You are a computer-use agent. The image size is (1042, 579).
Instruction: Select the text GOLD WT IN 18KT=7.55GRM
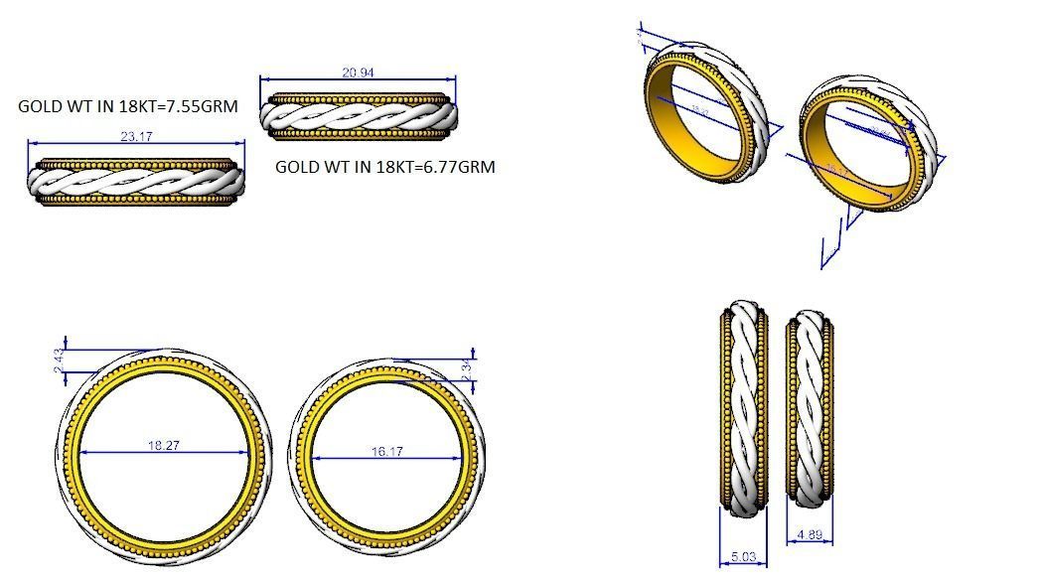(128, 106)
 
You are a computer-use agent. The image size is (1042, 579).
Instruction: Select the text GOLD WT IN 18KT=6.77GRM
(384, 167)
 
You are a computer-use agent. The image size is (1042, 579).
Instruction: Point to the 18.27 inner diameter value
(164, 446)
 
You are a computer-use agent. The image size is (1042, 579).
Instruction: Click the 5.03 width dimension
(740, 557)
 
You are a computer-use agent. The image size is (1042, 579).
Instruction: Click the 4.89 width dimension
(810, 535)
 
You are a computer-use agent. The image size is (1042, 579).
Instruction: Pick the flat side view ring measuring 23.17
(135, 182)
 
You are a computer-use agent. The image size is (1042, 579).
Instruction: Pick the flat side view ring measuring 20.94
(360, 117)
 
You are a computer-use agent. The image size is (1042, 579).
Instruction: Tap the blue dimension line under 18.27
(164, 454)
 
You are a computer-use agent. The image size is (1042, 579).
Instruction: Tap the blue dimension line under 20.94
(358, 79)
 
